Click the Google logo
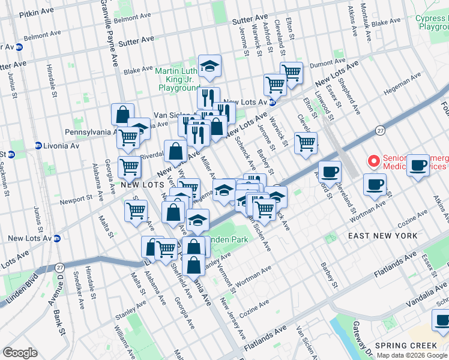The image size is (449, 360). point(20,353)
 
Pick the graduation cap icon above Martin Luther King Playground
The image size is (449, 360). point(209,67)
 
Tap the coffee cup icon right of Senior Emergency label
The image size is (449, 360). point(418,164)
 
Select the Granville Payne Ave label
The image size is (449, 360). point(110,30)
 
